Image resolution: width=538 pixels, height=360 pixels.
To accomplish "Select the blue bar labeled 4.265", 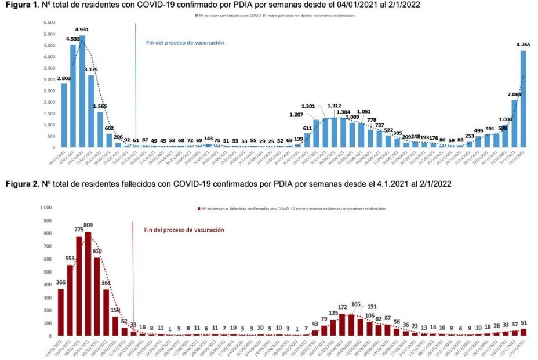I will pyautogui.click(x=523, y=99).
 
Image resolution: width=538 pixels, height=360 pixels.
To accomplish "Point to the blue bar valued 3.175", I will pyautogui.click(x=91, y=111).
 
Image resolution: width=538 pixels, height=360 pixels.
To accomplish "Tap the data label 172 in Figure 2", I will pyautogui.click(x=342, y=307).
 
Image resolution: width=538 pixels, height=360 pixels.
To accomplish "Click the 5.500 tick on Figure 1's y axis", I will pyautogui.click(x=48, y=23).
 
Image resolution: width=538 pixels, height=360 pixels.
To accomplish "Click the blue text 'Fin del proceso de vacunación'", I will pyautogui.click(x=184, y=42).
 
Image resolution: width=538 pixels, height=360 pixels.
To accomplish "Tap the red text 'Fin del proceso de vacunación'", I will pyautogui.click(x=184, y=230).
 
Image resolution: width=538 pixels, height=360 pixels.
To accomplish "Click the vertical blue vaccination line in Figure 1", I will pyautogui.click(x=136, y=81).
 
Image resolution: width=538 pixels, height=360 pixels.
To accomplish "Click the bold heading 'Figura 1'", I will pyautogui.click(x=19, y=5).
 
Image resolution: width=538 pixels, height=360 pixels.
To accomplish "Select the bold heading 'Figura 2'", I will pyautogui.click(x=19, y=184).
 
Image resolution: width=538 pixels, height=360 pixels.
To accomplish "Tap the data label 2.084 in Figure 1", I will pyautogui.click(x=514, y=94).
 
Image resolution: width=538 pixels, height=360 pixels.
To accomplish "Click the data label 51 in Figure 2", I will pyautogui.click(x=524, y=323).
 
